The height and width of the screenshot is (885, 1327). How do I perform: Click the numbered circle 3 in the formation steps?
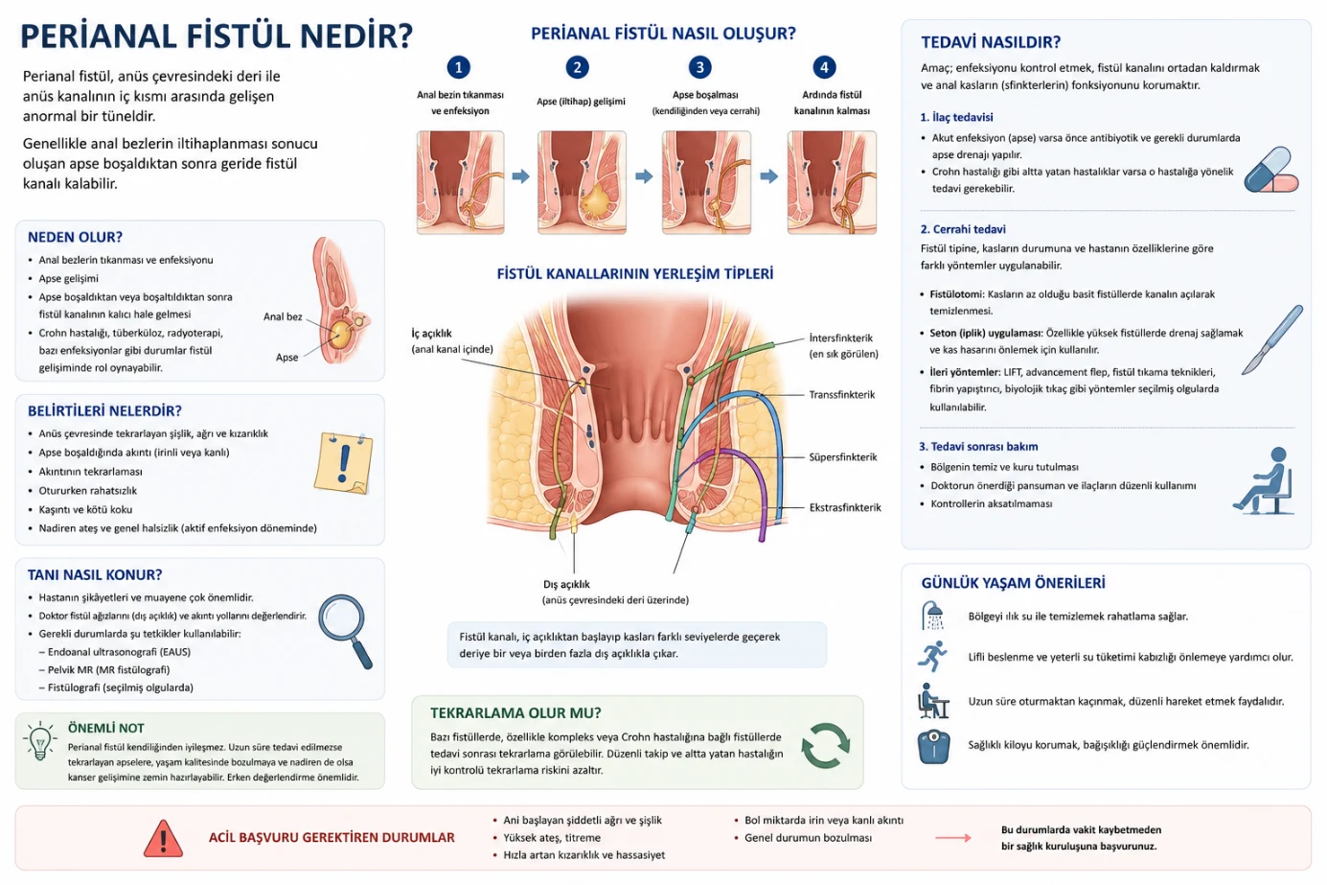pyautogui.click(x=699, y=67)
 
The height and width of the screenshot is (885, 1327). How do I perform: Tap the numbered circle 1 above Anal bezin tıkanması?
pyautogui.click(x=459, y=67)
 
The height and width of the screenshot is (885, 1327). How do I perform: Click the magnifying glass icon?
pyautogui.click(x=345, y=631)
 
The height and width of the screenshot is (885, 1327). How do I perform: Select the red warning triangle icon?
pyautogui.click(x=163, y=838)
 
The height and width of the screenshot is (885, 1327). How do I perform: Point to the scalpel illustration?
pyautogui.click(x=1271, y=339)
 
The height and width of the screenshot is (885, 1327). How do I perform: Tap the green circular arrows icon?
pyautogui.click(x=825, y=745)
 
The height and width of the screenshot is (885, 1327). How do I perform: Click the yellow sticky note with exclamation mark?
pyautogui.click(x=344, y=463)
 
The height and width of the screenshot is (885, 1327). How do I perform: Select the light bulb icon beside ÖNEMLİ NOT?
pyautogui.click(x=39, y=740)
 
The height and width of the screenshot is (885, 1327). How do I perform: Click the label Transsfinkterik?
pyautogui.click(x=842, y=395)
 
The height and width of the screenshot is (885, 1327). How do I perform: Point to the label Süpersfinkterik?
pyautogui.click(x=843, y=457)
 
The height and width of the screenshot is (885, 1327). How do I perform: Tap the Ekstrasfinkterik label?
pyautogui.click(x=845, y=507)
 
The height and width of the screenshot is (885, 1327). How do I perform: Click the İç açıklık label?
pyautogui.click(x=432, y=334)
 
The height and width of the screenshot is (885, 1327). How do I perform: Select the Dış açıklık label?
pyautogui.click(x=566, y=585)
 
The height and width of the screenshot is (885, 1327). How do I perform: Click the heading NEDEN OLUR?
pyautogui.click(x=76, y=237)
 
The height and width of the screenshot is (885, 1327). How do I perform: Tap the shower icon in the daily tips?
pyautogui.click(x=932, y=616)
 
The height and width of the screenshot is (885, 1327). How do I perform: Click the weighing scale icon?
pyautogui.click(x=933, y=747)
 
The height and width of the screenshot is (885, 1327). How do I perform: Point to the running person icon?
pyautogui.click(x=932, y=656)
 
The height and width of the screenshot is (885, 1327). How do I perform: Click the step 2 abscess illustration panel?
pyautogui.click(x=582, y=182)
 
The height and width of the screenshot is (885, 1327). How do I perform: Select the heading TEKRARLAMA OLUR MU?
pyautogui.click(x=515, y=713)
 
